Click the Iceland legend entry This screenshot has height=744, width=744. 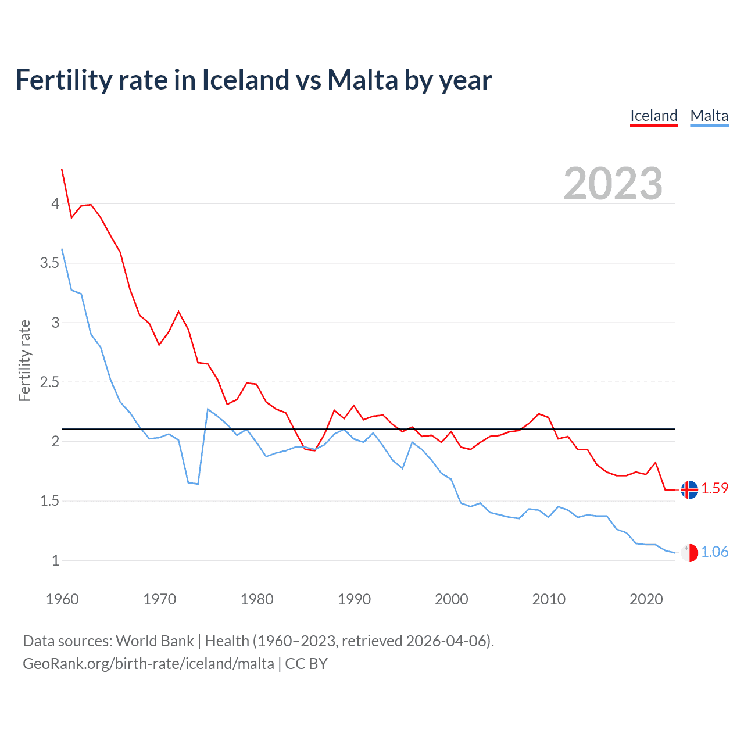tap(654, 116)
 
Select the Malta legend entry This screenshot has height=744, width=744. tap(709, 116)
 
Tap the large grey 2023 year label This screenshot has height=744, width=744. tap(613, 184)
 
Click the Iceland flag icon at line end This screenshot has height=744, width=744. tap(689, 490)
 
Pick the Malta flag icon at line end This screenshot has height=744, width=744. tap(689, 553)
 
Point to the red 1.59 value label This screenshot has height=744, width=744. tap(715, 489)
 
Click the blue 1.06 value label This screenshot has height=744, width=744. tap(715, 552)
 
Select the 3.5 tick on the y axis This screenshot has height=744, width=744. tap(50, 263)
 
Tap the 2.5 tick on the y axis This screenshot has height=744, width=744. tap(50, 382)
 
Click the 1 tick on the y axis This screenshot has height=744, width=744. tap(55, 561)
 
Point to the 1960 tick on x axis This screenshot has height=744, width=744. tap(62, 599)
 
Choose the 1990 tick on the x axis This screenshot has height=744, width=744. tap(354, 599)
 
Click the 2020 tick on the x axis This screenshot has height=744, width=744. tap(646, 599)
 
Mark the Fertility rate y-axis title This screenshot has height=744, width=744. tap(24, 360)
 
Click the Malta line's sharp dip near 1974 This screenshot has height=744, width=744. tap(198, 484)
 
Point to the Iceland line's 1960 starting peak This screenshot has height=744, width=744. tap(62, 170)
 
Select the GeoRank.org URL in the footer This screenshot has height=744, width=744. tap(148, 664)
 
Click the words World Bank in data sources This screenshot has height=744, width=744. tap(155, 641)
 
